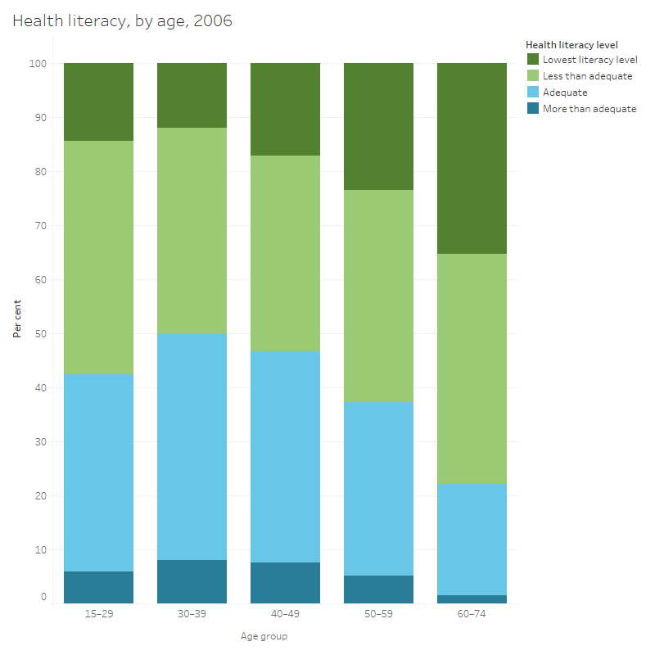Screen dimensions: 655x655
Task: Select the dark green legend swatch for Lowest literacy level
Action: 532,60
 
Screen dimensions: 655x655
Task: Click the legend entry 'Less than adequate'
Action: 587,76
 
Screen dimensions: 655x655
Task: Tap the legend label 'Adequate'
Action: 565,93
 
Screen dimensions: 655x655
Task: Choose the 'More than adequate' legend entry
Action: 589,109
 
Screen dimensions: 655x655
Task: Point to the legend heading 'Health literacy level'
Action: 571,45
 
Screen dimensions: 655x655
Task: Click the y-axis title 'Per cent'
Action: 17,319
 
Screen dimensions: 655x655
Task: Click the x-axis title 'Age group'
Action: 264,636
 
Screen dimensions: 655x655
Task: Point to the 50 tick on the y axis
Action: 42,334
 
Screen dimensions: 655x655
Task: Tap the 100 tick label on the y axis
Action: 39,63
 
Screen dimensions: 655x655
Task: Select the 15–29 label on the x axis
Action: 98,614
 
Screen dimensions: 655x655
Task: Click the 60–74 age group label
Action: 472,614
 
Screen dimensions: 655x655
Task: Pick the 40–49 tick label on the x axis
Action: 285,614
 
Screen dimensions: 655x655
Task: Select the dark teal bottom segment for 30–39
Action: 192,581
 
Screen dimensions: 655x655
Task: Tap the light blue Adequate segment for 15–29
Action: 98,472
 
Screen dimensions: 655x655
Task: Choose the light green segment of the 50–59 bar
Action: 378,296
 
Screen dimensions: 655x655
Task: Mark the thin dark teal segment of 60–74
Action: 472,599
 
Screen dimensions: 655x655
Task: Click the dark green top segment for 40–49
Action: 285,109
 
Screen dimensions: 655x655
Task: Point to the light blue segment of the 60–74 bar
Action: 472,539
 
